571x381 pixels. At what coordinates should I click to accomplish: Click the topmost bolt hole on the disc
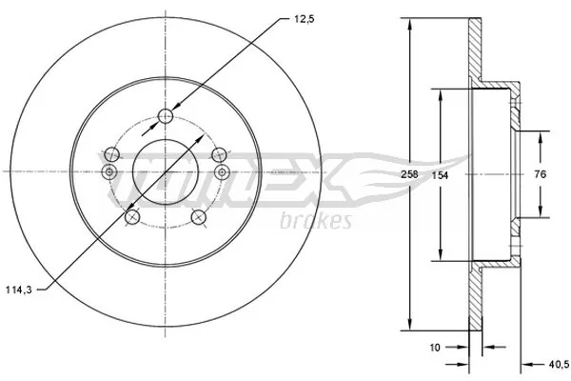[x=166, y=116]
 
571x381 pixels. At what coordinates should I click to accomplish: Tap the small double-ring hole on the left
[x=108, y=170]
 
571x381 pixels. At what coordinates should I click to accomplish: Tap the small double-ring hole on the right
[x=222, y=170]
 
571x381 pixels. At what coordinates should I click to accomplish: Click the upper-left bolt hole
[x=113, y=152]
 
